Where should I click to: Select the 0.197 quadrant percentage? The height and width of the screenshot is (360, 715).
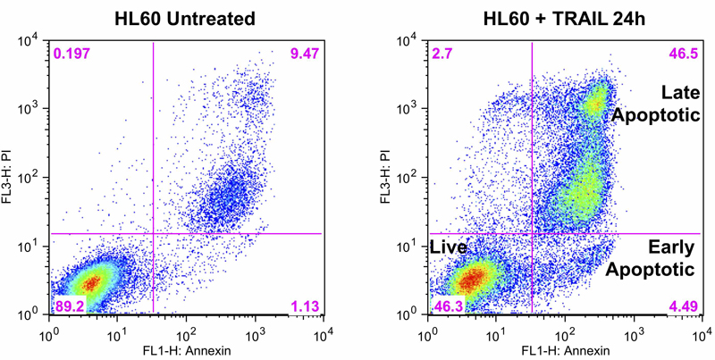click(x=72, y=55)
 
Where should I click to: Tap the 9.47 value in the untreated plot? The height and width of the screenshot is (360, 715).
click(x=302, y=55)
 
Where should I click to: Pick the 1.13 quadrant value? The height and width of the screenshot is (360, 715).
click(x=303, y=306)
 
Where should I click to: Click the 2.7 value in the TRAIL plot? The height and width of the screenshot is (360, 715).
click(x=443, y=55)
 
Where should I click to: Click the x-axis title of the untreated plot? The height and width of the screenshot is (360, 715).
click(x=186, y=349)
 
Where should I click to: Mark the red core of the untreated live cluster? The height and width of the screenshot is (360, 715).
click(x=90, y=283)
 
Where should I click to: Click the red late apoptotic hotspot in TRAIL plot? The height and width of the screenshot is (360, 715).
click(x=595, y=105)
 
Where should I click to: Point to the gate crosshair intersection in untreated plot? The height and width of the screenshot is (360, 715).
click(x=155, y=234)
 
